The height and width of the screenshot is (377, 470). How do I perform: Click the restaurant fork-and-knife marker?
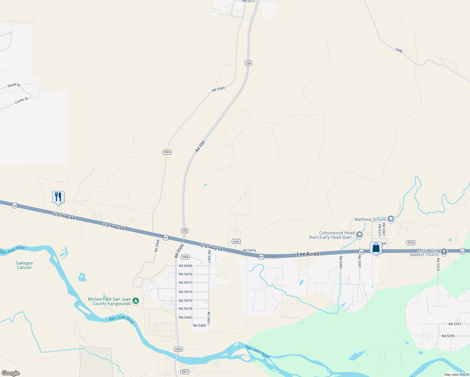58,197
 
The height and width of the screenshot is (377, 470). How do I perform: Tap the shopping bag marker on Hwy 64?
376,248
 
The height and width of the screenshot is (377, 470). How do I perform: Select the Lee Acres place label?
308,254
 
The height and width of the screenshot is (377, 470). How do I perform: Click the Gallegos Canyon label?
24,265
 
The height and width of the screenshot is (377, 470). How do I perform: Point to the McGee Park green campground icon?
136,301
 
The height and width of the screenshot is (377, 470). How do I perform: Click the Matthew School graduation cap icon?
391,219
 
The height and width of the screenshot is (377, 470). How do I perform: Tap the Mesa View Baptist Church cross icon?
444,252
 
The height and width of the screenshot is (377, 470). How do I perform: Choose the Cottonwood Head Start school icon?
359,235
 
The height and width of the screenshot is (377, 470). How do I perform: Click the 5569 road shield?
167,152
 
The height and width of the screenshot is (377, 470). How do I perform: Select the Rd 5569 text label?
218,89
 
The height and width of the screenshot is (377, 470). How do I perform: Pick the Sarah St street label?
14,85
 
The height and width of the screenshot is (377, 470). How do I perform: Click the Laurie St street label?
21,101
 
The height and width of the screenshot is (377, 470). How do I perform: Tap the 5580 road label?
399,50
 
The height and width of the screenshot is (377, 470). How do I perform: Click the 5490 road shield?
236,241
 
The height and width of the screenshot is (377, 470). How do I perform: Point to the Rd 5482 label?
199,325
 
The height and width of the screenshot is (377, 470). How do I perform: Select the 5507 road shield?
184,372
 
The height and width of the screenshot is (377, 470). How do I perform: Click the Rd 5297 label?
455,324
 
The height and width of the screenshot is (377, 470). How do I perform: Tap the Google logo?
11,373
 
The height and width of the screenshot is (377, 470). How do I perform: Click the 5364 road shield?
411,243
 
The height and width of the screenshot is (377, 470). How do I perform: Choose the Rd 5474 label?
185,292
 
